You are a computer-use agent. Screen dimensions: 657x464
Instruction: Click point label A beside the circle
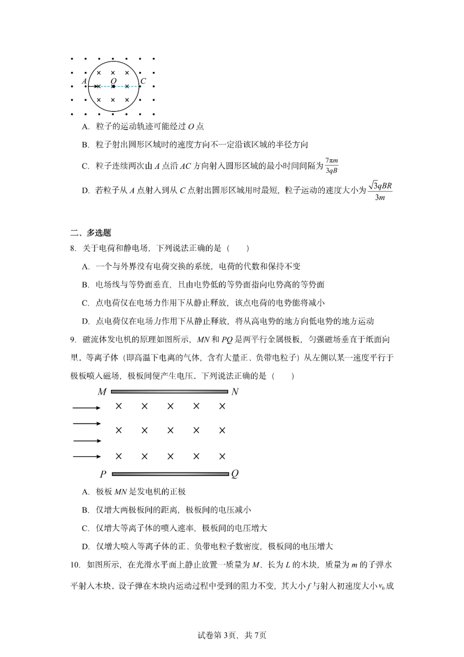pyautogui.click(x=84, y=81)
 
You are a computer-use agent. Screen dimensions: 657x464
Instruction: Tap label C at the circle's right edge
pyautogui.click(x=143, y=81)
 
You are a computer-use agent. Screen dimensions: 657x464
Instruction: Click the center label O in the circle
pyautogui.click(x=113, y=80)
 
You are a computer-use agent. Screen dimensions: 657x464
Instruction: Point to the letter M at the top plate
pyautogui.click(x=102, y=392)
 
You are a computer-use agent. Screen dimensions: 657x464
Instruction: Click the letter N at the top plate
pyautogui.click(x=235, y=392)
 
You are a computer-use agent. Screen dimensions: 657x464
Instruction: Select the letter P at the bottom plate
pyautogui.click(x=103, y=474)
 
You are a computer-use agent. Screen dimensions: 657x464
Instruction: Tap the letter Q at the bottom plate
pyautogui.click(x=235, y=474)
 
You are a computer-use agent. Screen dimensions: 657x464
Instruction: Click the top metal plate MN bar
pyautogui.click(x=169, y=392)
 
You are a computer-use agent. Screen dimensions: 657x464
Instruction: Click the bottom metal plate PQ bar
pyautogui.click(x=170, y=474)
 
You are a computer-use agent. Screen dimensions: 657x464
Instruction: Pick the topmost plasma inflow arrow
pyautogui.click(x=86, y=407)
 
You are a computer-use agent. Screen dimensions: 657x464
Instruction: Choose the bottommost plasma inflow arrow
pyautogui.click(x=86, y=457)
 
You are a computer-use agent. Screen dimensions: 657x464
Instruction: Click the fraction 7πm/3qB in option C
pyautogui.click(x=331, y=166)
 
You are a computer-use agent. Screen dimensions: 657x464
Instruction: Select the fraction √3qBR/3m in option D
pyautogui.click(x=380, y=191)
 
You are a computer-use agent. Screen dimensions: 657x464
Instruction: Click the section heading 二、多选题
pyautogui.click(x=91, y=233)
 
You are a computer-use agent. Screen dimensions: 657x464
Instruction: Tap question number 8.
pyautogui.click(x=73, y=248)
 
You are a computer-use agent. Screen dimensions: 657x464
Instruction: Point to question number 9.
pyautogui.click(x=73, y=339)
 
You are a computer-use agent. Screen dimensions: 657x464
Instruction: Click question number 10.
pyautogui.click(x=75, y=564)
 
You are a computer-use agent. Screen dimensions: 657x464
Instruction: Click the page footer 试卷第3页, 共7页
pyautogui.click(x=232, y=635)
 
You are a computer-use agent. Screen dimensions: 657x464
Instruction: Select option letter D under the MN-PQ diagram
pyautogui.click(x=85, y=546)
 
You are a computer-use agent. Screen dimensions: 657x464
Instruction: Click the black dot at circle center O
pyautogui.click(x=113, y=86)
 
